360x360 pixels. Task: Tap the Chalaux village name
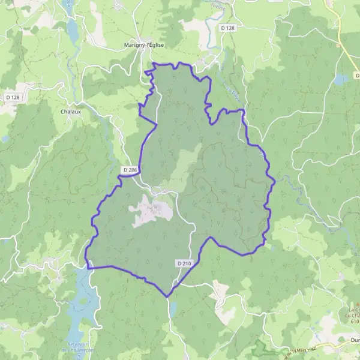(x=71, y=111)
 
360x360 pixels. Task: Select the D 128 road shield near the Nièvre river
(x=227, y=28)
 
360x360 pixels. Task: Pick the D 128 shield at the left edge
(x=12, y=97)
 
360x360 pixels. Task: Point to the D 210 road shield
(x=184, y=263)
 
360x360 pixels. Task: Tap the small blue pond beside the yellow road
(x=341, y=79)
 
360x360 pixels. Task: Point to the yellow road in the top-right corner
(x=340, y=24)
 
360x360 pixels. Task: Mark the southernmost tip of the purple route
(x=168, y=296)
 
